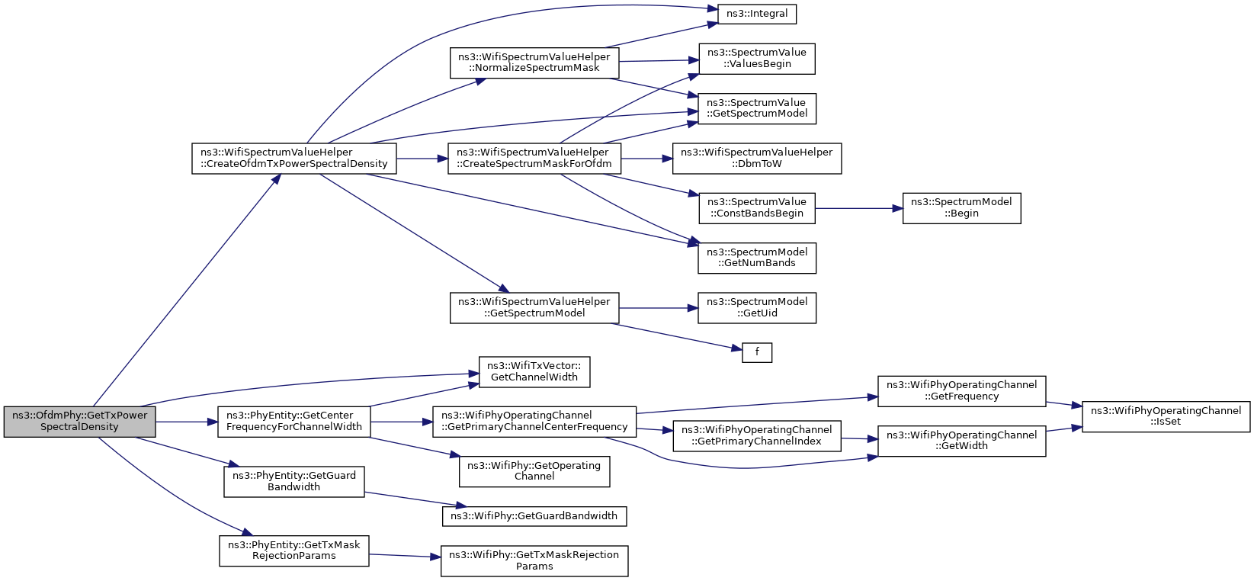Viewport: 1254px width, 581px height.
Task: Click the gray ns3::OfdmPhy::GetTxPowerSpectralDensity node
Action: coord(79,422)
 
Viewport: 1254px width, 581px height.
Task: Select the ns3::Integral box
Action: coord(757,14)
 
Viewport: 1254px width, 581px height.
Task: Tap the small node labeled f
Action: coord(757,352)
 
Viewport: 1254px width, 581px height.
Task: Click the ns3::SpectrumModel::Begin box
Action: coord(961,208)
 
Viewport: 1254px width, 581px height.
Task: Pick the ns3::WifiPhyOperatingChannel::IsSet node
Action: coord(1166,416)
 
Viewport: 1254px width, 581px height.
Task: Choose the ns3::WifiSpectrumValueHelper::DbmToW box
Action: coord(757,159)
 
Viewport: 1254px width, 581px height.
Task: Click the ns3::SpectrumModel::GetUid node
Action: coord(757,308)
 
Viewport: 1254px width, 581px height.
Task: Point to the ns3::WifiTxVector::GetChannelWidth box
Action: coord(534,371)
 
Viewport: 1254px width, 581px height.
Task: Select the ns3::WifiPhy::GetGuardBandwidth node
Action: coord(534,516)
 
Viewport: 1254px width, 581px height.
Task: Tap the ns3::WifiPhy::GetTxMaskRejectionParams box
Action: coord(534,561)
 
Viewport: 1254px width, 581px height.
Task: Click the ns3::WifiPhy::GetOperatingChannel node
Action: coord(534,471)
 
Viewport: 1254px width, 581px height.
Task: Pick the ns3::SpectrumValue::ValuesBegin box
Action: coord(757,59)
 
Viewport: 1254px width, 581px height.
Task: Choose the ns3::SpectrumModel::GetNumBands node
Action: coord(757,258)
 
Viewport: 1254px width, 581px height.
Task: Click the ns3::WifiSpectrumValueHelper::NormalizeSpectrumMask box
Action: coord(534,63)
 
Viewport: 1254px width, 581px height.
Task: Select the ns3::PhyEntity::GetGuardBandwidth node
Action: coord(294,481)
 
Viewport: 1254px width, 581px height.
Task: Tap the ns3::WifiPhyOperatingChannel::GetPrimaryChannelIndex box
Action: coord(757,436)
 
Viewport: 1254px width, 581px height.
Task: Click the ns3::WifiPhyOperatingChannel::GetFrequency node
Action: coord(961,391)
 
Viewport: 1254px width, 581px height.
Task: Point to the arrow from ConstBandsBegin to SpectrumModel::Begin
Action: coord(859,208)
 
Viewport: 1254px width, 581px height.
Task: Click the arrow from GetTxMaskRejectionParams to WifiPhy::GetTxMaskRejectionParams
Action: coord(405,556)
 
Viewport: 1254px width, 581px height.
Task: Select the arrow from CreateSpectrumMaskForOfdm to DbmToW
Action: coord(646,159)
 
